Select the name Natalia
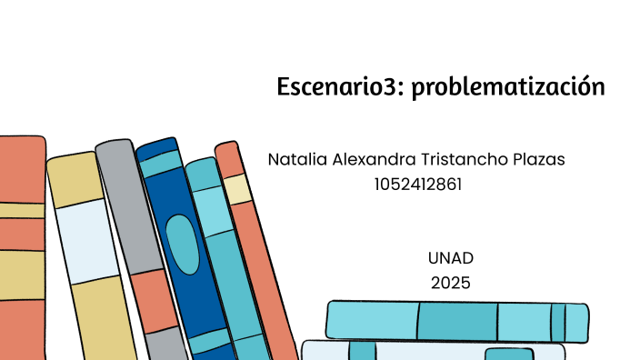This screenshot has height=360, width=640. tap(296, 159)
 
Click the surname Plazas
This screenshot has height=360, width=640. tap(539, 159)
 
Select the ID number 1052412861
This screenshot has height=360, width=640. tap(417, 185)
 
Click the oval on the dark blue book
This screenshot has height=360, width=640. tap(183, 244)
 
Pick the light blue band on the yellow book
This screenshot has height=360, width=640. tap(85, 241)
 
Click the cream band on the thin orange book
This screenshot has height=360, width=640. tap(238, 189)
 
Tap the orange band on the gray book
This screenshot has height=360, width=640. tap(153, 300)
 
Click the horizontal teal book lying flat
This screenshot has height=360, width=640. tap(455, 322)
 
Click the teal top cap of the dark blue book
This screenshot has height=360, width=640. tap(160, 161)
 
